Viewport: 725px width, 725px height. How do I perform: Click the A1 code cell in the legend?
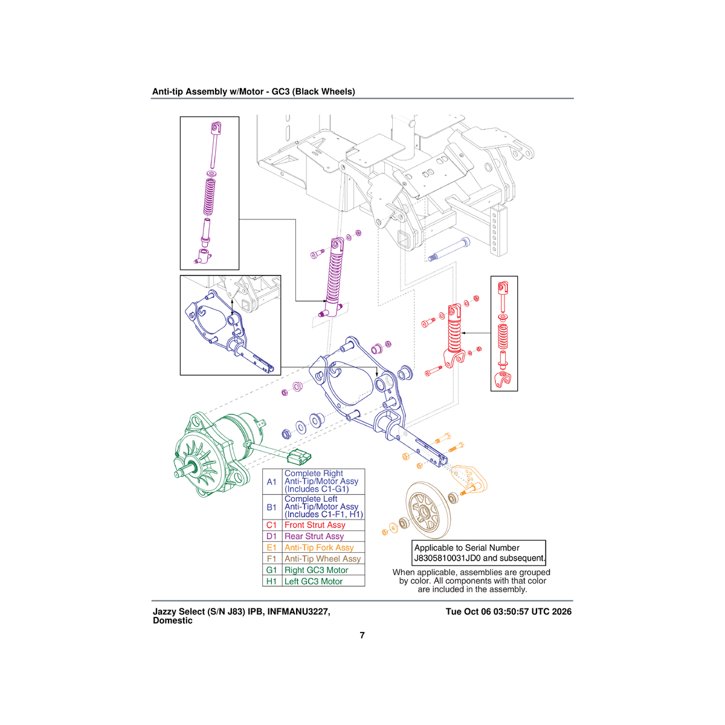tap(272, 482)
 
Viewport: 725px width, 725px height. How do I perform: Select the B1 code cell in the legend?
tap(272, 507)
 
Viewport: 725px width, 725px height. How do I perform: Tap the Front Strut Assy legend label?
tap(315, 525)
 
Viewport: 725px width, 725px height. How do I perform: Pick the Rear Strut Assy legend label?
tap(314, 536)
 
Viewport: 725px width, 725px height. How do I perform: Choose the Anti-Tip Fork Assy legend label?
tap(319, 548)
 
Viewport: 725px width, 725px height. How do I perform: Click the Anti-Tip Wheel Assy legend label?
tap(323, 559)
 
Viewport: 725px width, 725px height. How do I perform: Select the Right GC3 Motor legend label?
tap(317, 570)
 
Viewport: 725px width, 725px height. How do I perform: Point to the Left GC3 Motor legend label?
tap(314, 582)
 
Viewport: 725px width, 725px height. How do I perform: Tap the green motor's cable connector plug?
tap(299, 457)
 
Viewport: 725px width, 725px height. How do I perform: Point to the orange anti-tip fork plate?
tap(469, 478)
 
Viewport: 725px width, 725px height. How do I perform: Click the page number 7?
tap(362, 636)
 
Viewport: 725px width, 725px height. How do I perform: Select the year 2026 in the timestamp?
tap(561, 612)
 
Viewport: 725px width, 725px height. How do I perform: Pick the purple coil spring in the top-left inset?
tap(210, 197)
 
